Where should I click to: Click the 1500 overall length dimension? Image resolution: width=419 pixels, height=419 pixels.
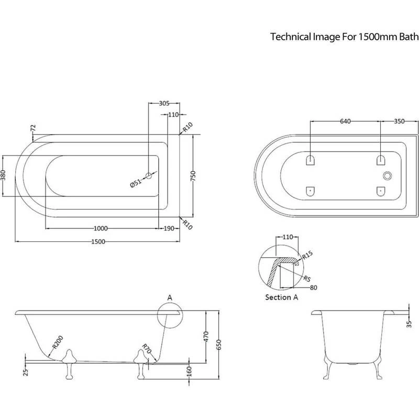pos(98,241)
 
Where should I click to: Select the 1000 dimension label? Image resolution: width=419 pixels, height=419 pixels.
pos(101,228)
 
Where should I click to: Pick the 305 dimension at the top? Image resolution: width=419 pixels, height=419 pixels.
pos(163,104)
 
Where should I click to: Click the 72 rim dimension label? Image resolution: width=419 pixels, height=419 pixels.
pos(33,128)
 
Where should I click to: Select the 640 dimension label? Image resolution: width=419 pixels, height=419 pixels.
pos(345,122)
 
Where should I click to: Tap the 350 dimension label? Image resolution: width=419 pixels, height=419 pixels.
pos(399,122)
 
